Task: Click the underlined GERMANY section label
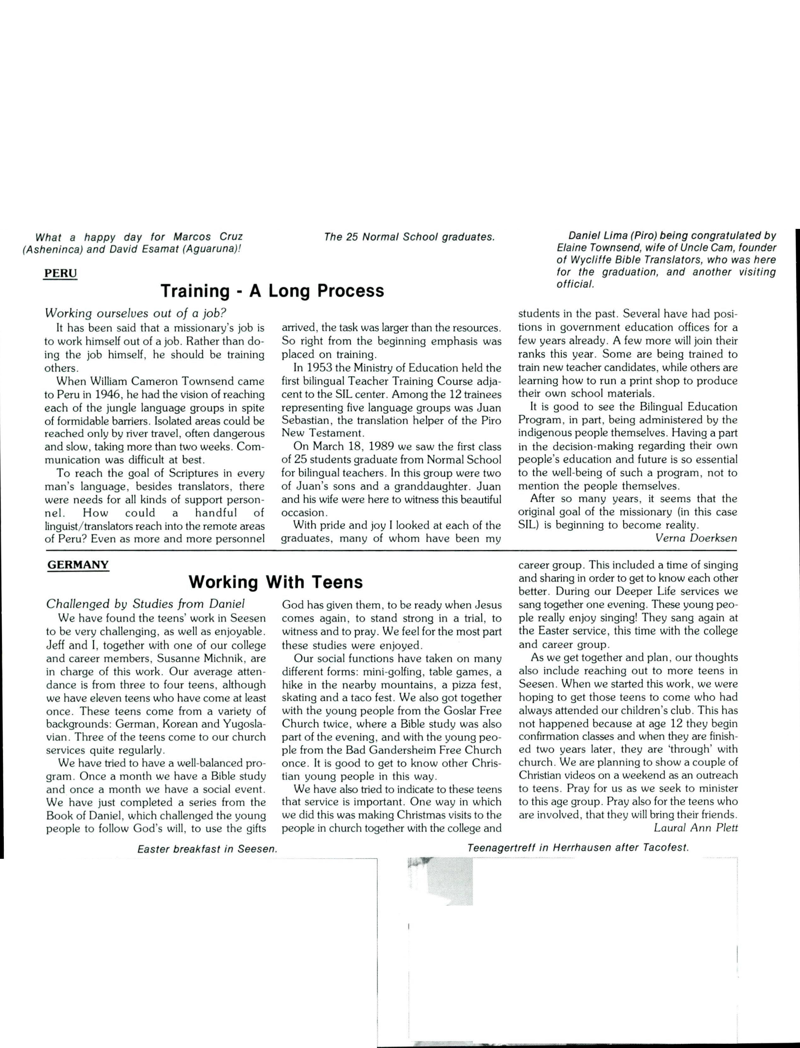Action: pyautogui.click(x=78, y=564)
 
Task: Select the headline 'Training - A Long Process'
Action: pyautogui.click(x=272, y=291)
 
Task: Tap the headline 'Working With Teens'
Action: pyautogui.click(x=276, y=582)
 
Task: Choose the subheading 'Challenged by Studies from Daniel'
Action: pyautogui.click(x=145, y=604)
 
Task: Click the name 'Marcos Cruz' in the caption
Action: pyautogui.click(x=208, y=237)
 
